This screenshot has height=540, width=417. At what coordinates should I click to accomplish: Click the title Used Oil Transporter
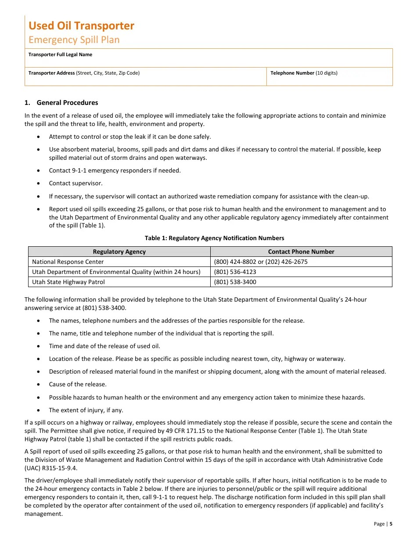pyautogui.click(x=81, y=26)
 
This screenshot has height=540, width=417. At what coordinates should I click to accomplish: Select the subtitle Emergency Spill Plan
pyautogui.click(x=74, y=40)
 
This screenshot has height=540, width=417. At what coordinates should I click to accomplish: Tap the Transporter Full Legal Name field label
pyautogui.click(x=60, y=55)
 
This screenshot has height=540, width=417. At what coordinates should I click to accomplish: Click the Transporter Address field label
pyautogui.click(x=84, y=73)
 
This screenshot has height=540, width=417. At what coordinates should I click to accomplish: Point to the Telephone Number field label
pyautogui.click(x=304, y=73)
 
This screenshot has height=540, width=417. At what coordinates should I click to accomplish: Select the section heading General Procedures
pyautogui.click(x=67, y=103)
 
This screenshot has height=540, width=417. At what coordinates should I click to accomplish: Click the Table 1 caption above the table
pyautogui.click(x=214, y=238)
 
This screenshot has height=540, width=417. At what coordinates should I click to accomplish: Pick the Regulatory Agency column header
pyautogui.click(x=119, y=252)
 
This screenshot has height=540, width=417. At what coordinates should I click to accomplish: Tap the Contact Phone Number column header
pyautogui.click(x=301, y=252)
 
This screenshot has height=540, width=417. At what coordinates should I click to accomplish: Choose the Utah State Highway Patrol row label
pyautogui.click(x=68, y=282)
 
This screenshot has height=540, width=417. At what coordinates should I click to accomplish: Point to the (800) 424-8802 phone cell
pyautogui.click(x=261, y=262)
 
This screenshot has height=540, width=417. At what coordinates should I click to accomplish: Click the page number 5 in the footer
pyautogui.click(x=391, y=524)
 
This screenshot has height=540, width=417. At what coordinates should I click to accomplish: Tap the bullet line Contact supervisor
pyautogui.click(x=75, y=184)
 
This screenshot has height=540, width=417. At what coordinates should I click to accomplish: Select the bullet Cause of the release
pyautogui.click(x=77, y=385)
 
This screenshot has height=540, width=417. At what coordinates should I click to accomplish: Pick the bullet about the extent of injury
pyautogui.click(x=86, y=410)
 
